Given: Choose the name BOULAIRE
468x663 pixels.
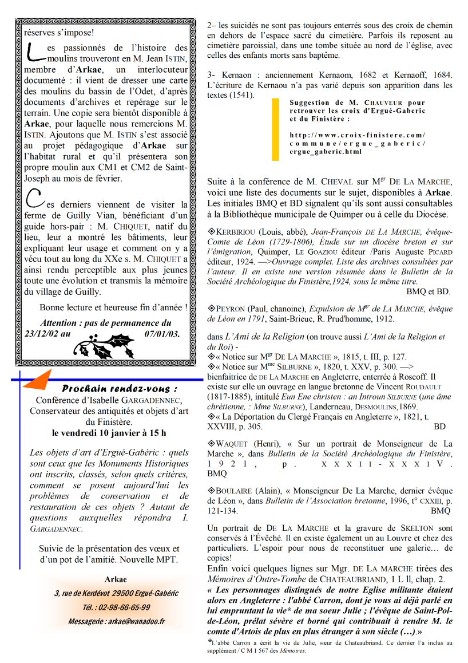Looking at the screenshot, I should pyautogui.click(x=235, y=491).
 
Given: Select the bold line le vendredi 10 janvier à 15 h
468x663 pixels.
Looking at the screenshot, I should pyautogui.click(x=109, y=432).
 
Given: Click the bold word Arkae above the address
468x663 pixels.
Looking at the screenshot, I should pyautogui.click(x=116, y=579).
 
